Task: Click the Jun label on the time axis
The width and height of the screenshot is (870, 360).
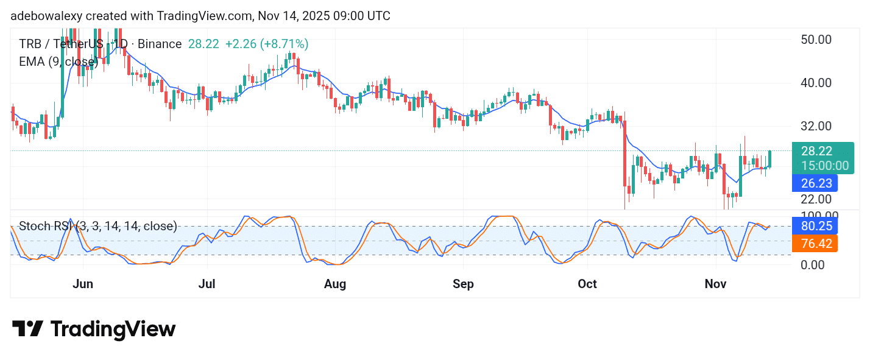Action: (83, 284)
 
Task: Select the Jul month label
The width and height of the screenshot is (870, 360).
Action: (207, 284)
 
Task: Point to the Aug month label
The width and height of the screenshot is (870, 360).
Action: (335, 284)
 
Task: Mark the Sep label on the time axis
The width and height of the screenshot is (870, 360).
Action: (463, 284)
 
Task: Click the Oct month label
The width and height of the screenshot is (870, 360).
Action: (587, 284)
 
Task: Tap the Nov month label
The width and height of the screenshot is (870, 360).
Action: (716, 284)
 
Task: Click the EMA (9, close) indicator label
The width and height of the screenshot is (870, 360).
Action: (58, 62)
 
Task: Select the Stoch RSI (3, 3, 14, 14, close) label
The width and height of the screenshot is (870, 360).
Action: (98, 227)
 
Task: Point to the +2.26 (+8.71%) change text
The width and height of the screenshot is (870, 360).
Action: (267, 44)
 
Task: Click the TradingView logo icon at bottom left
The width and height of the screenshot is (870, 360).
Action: (27, 330)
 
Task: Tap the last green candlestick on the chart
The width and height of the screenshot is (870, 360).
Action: (770, 158)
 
